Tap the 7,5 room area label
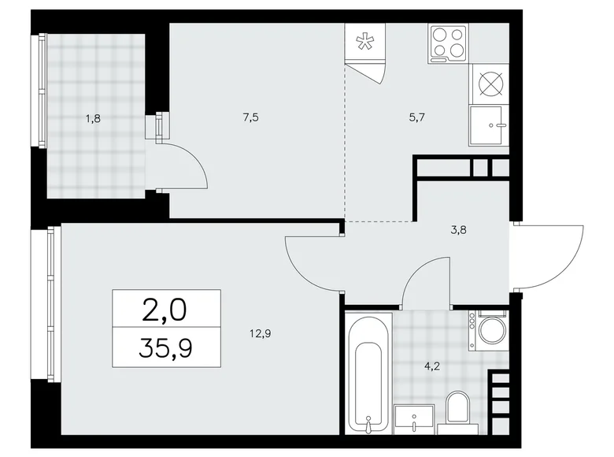(251, 118)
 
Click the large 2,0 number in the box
(166, 309)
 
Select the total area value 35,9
(166, 347)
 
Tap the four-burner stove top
(447, 43)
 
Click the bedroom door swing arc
(311, 264)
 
